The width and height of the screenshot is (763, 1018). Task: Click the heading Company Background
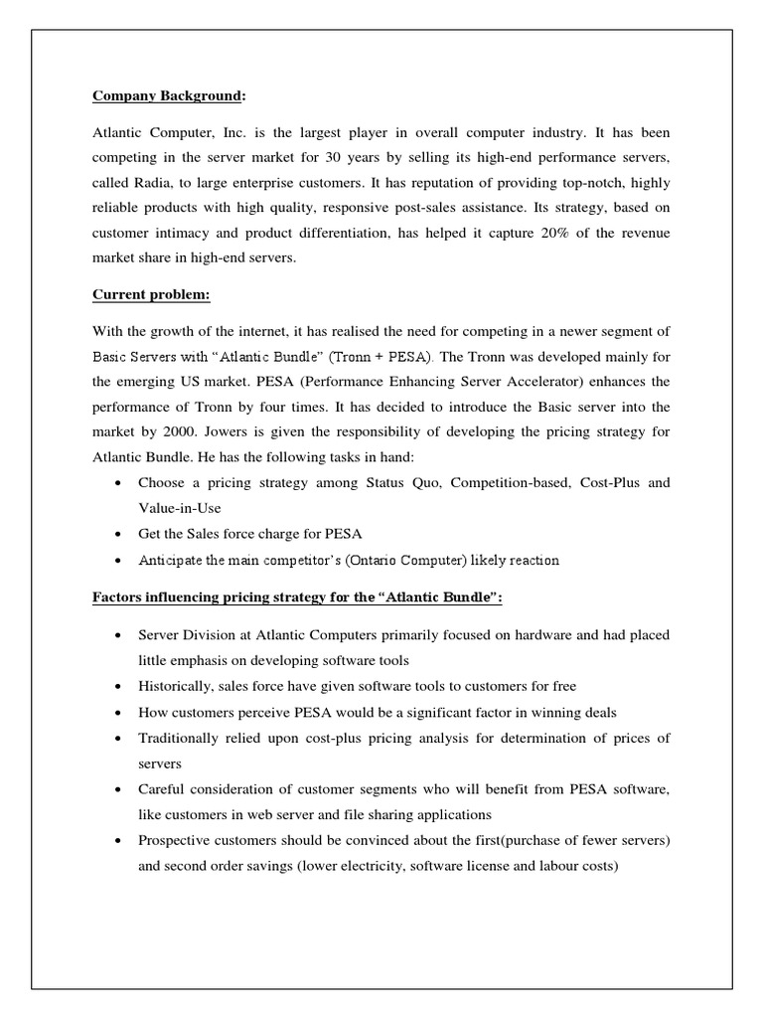[168, 96]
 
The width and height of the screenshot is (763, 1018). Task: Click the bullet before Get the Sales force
[119, 535]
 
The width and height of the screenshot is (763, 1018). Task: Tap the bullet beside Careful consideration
[119, 788]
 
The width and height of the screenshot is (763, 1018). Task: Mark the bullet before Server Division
[119, 635]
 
